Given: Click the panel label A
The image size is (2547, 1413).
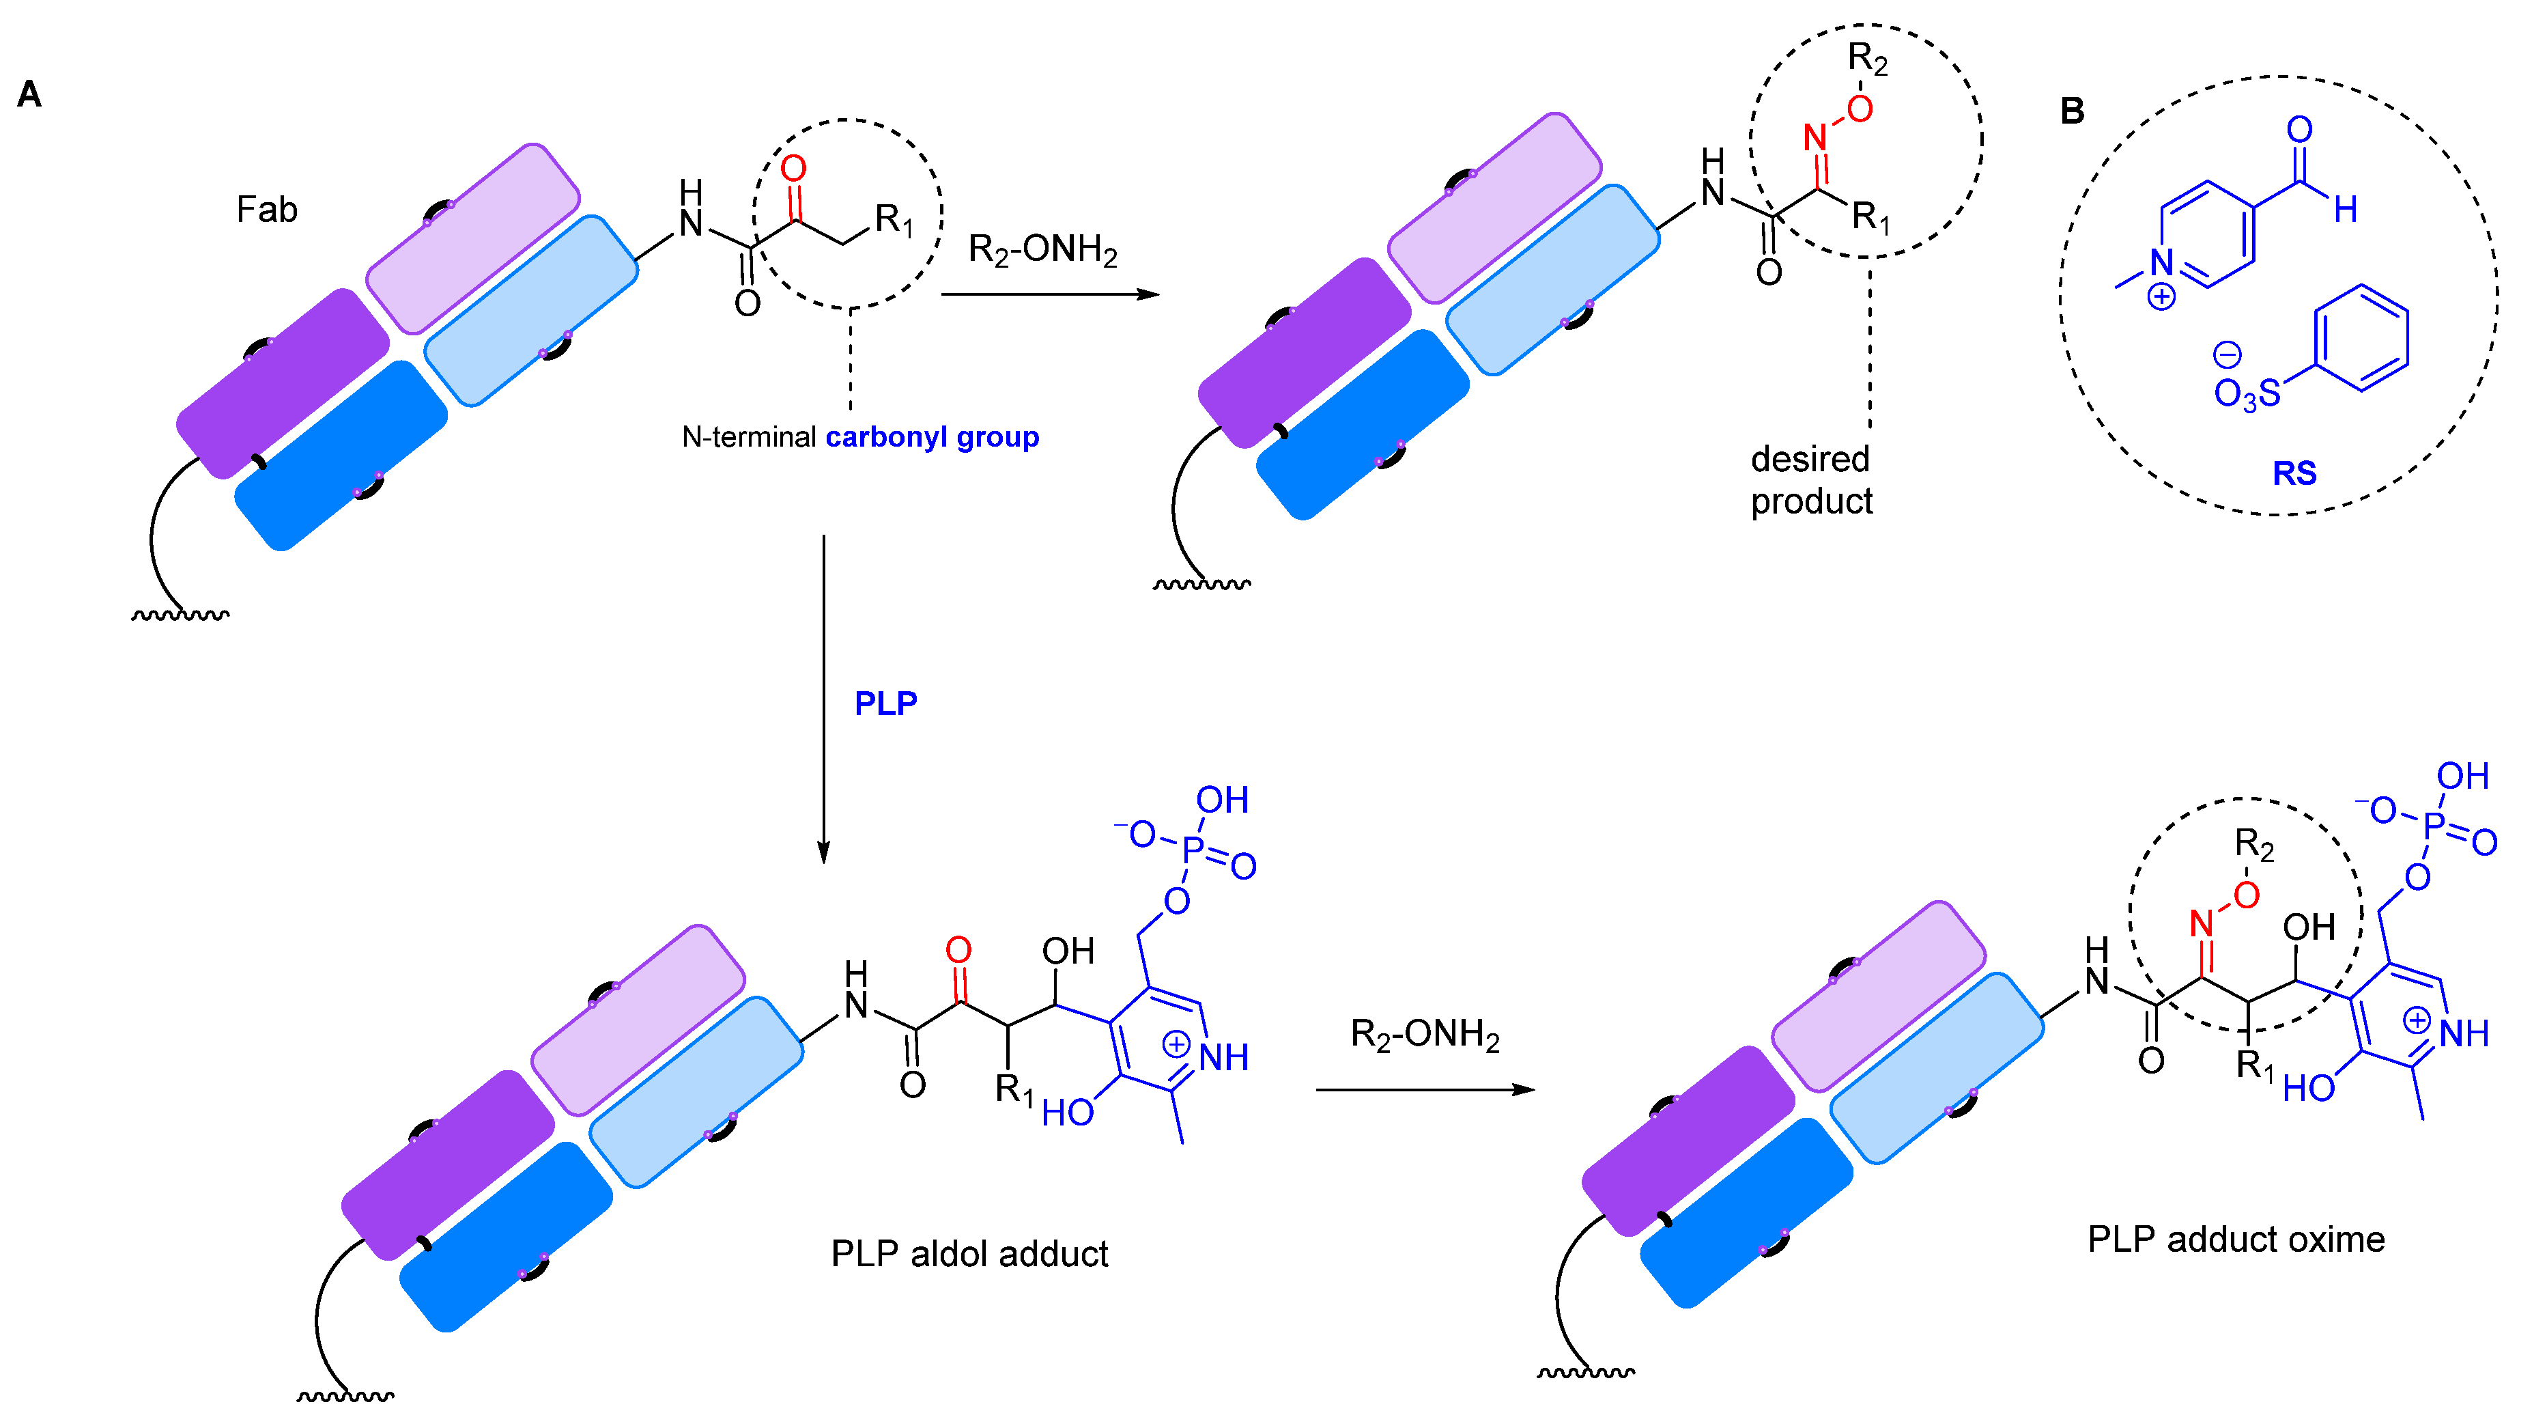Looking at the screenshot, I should (x=29, y=95).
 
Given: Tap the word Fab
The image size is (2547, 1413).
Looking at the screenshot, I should (x=266, y=210).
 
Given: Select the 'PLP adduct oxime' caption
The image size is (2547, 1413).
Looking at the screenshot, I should (x=2236, y=1238).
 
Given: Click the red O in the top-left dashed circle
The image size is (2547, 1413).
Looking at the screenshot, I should (x=793, y=169).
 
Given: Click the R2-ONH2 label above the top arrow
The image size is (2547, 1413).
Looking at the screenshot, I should (x=1042, y=249).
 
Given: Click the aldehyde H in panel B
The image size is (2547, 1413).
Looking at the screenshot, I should (x=2346, y=210).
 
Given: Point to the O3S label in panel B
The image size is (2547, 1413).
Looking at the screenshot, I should (x=2247, y=393).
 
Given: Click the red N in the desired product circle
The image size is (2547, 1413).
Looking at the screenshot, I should (x=1815, y=137).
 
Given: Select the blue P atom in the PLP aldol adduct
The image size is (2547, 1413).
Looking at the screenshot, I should (x=1193, y=848).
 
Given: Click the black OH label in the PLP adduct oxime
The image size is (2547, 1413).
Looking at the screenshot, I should (x=2309, y=927).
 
